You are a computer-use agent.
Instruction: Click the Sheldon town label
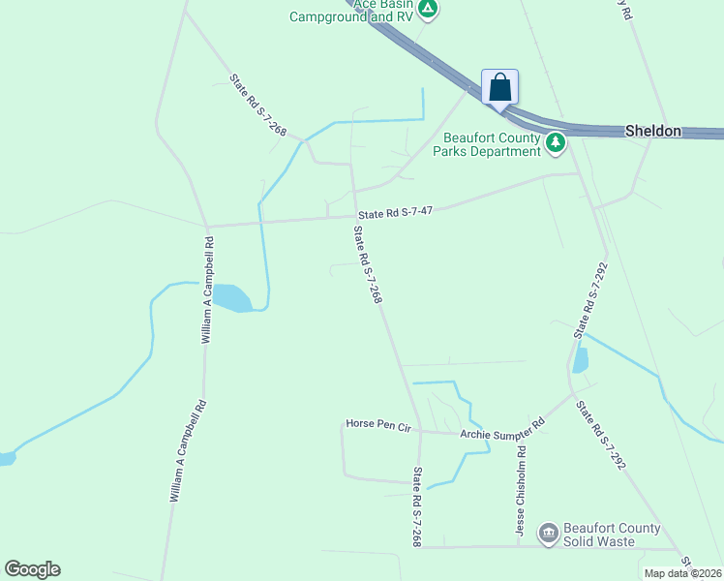click(653, 131)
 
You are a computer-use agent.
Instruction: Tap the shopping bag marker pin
click(499, 87)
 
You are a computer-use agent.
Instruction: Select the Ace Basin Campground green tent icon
click(429, 10)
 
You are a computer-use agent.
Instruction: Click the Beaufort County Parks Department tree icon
click(556, 144)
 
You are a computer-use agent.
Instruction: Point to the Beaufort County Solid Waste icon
click(549, 533)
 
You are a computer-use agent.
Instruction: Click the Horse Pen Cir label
click(379, 424)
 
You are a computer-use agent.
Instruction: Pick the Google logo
click(32, 569)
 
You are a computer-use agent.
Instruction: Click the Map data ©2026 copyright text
click(683, 573)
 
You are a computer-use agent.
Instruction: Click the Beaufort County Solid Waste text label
click(614, 535)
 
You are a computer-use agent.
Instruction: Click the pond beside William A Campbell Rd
click(232, 297)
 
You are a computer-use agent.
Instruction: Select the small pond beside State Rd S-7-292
click(581, 360)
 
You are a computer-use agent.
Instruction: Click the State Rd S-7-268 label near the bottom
click(417, 507)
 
